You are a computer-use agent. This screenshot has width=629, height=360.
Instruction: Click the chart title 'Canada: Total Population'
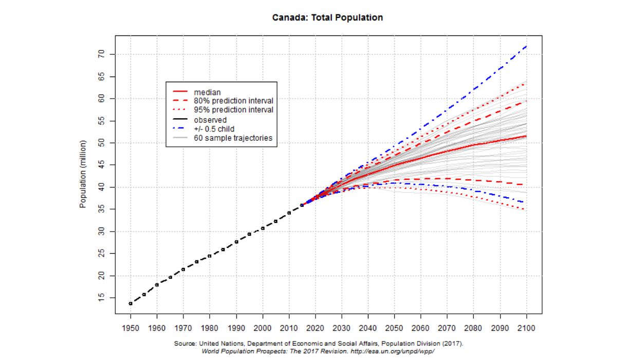tap(328, 17)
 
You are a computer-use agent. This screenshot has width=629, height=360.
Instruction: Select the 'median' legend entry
tap(207, 92)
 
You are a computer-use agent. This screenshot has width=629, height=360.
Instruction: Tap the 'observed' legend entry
tap(210, 120)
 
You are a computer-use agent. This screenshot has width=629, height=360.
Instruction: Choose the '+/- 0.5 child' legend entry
tap(214, 129)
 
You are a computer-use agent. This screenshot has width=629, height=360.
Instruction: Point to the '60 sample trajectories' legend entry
tap(233, 138)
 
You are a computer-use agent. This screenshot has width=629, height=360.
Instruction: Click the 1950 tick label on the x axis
tap(131, 327)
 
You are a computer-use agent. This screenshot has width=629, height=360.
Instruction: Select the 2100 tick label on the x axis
tap(526, 327)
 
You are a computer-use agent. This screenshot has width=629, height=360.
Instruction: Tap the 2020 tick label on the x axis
tap(315, 327)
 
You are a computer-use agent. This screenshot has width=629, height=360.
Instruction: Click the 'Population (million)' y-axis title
tap(83, 174)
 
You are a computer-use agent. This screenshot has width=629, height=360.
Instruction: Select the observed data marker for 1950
tap(131, 304)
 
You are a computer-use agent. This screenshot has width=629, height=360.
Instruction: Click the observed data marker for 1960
tap(157, 285)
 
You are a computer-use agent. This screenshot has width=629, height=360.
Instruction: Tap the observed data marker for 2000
tap(263, 228)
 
